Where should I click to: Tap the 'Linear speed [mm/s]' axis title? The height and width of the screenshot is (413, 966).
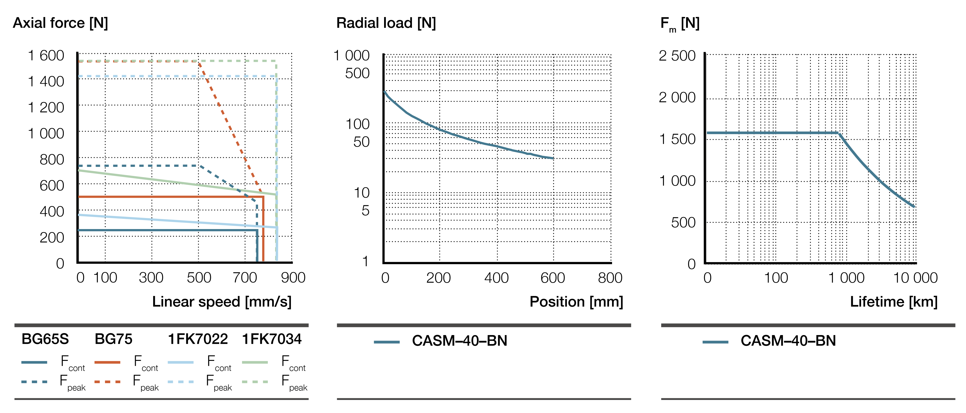222,302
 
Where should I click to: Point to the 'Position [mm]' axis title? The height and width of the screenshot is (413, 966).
576,302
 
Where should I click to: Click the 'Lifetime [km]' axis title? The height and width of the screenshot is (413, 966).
894,302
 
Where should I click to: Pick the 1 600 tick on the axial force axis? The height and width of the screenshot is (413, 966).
46,56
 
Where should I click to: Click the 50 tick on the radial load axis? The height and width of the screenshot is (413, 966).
361,142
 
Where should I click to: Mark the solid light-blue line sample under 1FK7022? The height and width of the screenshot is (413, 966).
180,362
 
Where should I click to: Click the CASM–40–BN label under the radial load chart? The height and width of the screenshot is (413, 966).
459,341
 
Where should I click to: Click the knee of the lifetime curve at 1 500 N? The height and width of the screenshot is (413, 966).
838,133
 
